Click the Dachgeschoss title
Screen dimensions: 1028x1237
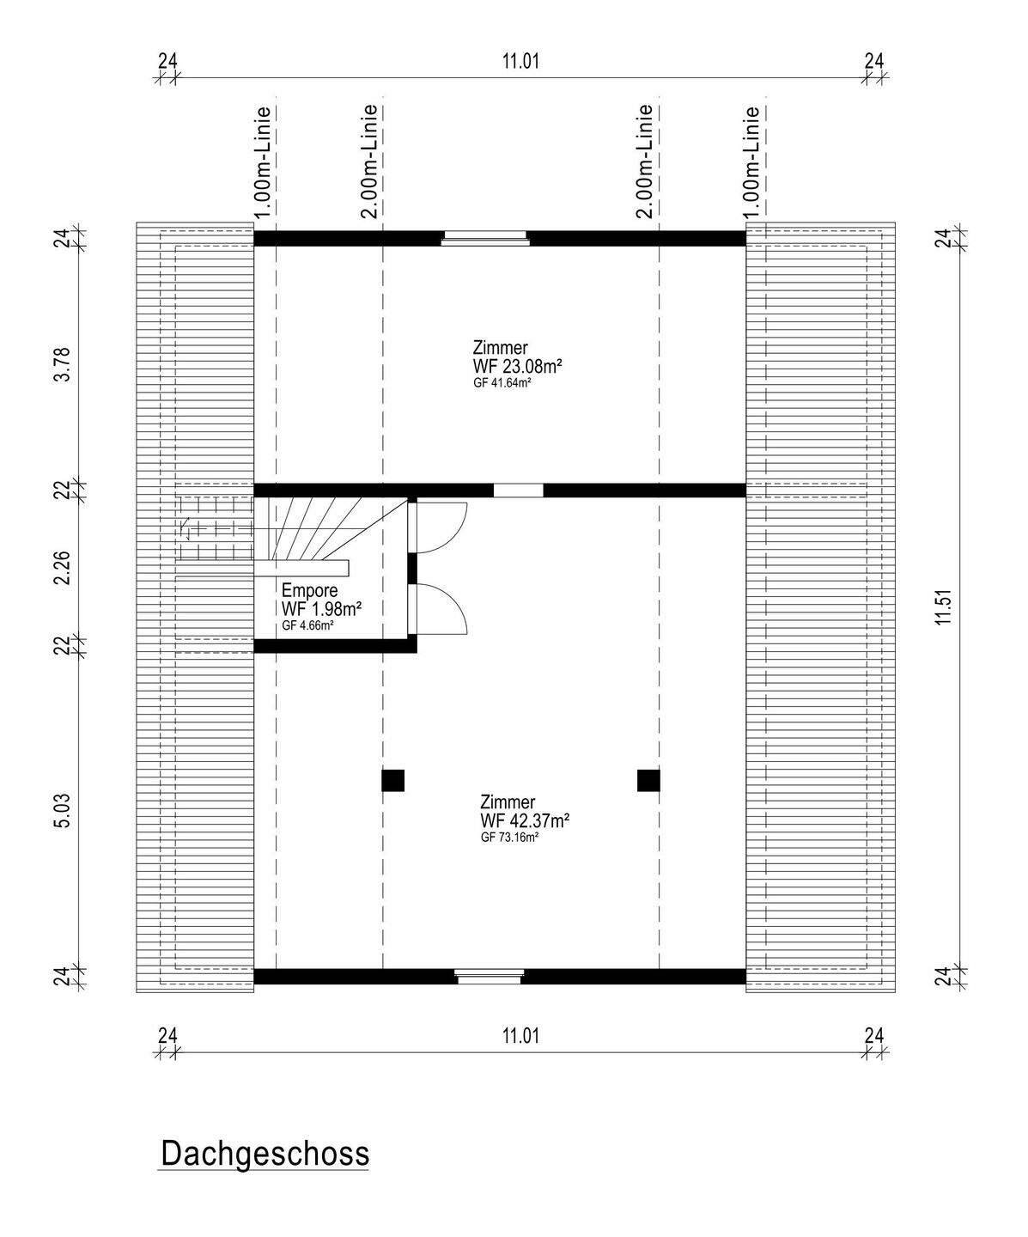point(265,1154)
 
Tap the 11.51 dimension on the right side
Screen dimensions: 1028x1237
point(945,606)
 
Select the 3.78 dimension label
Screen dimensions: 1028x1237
point(63,363)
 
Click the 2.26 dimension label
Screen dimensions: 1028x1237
point(63,568)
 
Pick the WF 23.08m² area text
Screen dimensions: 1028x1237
point(517,366)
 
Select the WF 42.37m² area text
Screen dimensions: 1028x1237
point(525,821)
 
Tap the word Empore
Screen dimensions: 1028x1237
point(310,590)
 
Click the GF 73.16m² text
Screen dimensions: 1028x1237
point(509,838)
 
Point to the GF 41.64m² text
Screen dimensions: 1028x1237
point(502,383)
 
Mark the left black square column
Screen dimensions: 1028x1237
point(392,780)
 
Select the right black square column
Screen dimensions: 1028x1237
point(648,780)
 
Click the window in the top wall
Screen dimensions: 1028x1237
point(485,238)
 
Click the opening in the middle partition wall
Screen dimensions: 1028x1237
point(518,491)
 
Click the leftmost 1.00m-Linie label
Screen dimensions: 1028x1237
point(265,161)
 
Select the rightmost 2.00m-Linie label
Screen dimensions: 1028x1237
point(646,161)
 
